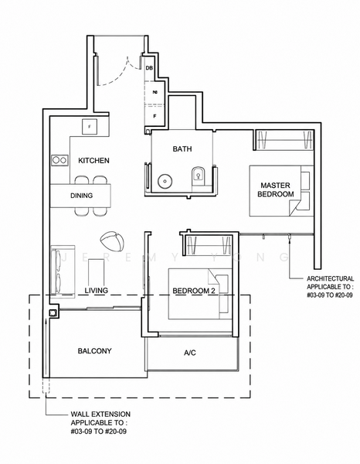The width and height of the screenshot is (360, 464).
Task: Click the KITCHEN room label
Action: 93,160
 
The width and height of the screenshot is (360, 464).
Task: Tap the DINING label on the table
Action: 81,196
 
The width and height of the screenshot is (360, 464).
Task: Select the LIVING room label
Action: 97,291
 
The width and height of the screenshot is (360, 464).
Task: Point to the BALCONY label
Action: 94,351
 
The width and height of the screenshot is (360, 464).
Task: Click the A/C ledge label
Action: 190,353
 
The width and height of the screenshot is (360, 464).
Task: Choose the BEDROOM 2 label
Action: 194,291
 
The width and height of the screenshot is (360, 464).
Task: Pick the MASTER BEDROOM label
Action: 276,189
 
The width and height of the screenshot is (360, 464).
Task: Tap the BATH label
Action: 182,148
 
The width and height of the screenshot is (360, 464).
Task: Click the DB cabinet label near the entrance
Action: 149,68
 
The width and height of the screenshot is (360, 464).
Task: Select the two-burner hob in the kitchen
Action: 59,160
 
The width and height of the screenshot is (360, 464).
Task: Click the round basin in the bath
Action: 164,181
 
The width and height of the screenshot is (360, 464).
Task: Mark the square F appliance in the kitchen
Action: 90,127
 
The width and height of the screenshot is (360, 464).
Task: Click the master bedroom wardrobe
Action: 284,140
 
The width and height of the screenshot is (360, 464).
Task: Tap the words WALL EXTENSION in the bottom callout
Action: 100,415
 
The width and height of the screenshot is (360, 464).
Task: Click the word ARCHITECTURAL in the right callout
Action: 330,278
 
